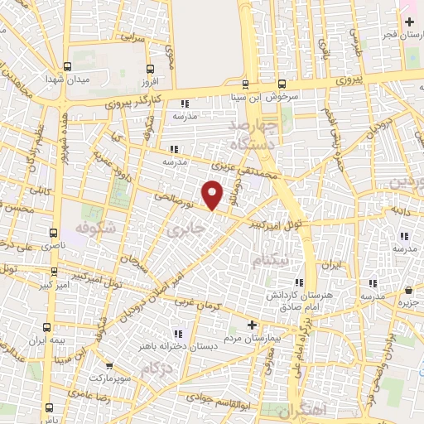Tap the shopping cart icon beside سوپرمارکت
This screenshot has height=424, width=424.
108,365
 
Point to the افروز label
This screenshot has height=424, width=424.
150,84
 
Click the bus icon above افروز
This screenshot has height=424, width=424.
150,70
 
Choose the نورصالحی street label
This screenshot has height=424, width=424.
177,201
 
